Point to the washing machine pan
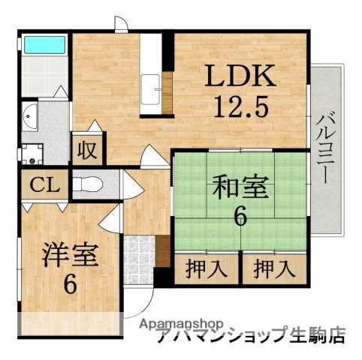pos(32,154)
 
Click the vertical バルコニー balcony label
pos(324,150)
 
